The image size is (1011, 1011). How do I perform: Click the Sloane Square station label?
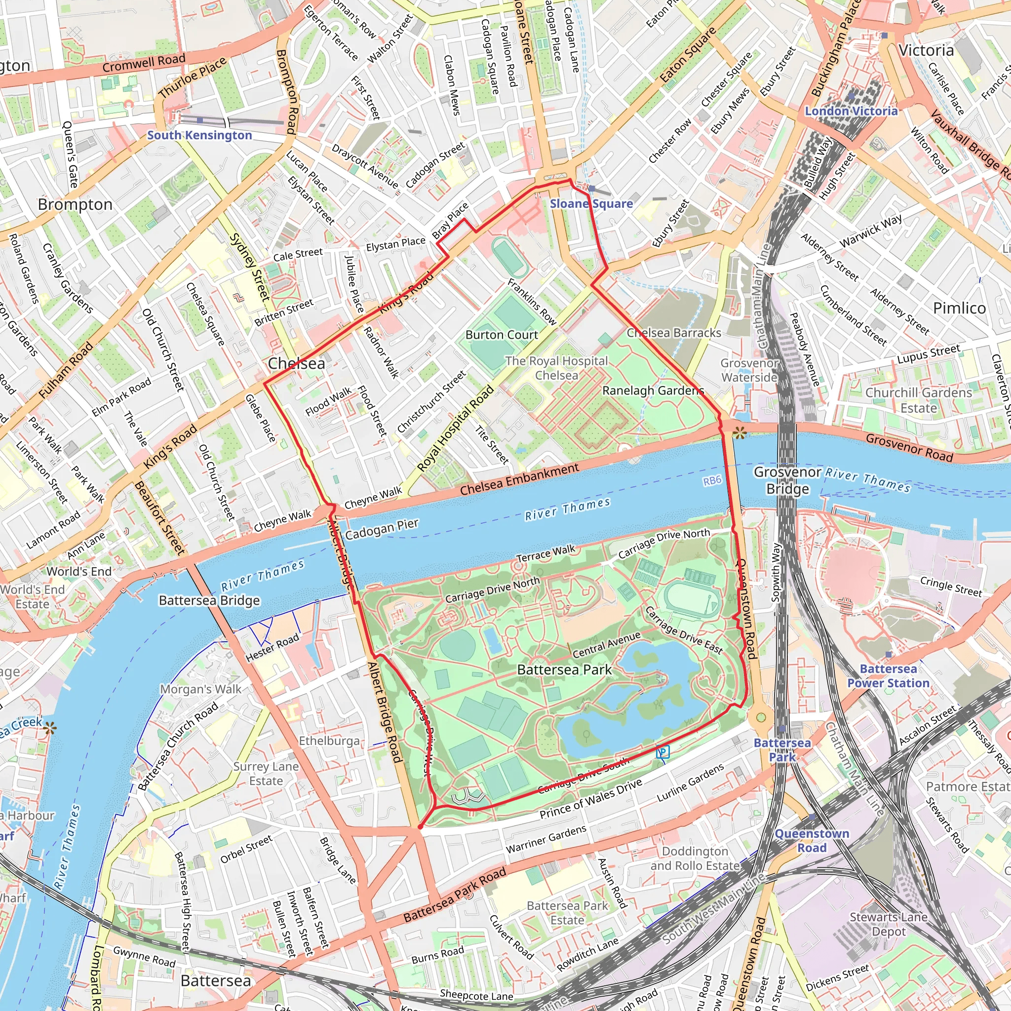pos(591,203)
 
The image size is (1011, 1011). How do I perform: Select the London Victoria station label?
pos(851,111)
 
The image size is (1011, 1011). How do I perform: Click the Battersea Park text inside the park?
pos(564,669)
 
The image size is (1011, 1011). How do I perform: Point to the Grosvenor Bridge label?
pos(787,480)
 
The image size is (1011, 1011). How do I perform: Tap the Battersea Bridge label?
pos(209,600)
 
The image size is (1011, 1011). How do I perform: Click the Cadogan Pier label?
pos(382,529)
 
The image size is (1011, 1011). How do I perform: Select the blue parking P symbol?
pos(663,752)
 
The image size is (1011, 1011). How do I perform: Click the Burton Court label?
pos(502,335)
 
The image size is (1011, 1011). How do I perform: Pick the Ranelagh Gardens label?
pos(653,390)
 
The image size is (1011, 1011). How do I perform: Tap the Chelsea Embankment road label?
pos(520,479)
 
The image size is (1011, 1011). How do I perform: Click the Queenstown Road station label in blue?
pos(812,840)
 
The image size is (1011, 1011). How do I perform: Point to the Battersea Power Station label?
pos(888,676)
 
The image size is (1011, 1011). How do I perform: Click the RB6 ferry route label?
pos(712,480)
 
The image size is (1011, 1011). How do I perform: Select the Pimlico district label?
pos(959,308)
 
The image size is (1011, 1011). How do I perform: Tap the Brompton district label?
pos(76,204)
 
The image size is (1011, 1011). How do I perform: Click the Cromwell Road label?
pos(144,63)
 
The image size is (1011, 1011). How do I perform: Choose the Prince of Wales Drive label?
pos(590,799)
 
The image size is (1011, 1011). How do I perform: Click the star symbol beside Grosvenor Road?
pos(739,432)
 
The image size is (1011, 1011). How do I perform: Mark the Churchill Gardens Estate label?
pos(918,400)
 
